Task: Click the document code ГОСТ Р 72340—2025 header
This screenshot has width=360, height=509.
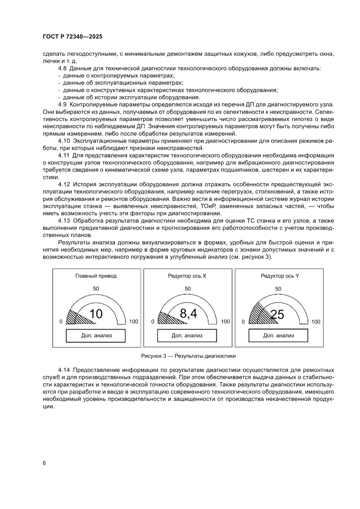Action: point(73,37)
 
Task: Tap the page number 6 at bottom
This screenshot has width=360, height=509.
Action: point(44,463)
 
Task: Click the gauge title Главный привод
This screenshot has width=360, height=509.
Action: point(96,276)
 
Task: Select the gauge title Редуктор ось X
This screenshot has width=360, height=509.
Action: point(187,276)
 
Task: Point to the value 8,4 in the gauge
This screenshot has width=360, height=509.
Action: point(188,313)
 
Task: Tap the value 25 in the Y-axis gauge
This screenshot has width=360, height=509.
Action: point(277,314)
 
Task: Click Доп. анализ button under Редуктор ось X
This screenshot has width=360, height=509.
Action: point(187,336)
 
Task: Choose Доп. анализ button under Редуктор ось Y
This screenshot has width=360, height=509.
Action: point(278,336)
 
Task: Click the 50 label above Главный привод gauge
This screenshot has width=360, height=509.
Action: point(96,289)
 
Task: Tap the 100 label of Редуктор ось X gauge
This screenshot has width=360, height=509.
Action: point(225,322)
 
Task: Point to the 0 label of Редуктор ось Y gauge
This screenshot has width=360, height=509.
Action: point(244,322)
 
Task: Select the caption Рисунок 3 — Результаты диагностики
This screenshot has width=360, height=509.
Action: point(188,356)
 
